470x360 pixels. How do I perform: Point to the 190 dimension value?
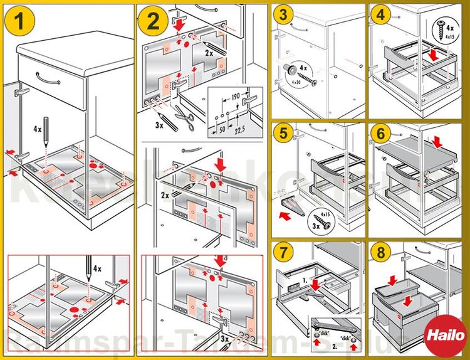pos(235,96)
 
